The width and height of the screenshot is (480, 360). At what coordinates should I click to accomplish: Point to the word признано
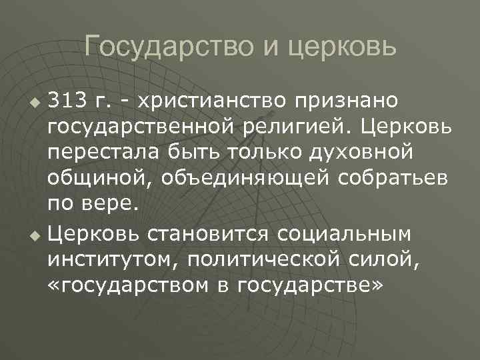[x=347, y=101]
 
